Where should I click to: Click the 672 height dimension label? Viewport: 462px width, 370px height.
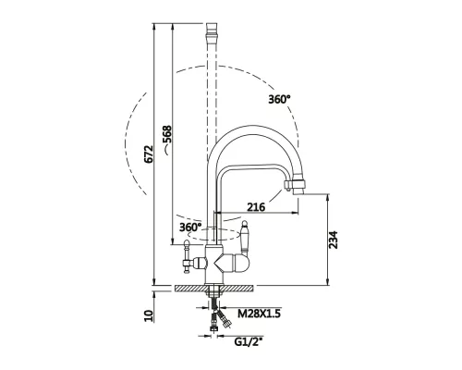tap(149, 154)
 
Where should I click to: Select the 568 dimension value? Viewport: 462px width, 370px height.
tap(166, 134)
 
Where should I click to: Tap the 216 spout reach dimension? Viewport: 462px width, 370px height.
tap(256, 206)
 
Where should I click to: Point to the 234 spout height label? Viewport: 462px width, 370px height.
tap(333, 240)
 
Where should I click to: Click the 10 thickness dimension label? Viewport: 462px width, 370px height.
tap(149, 316)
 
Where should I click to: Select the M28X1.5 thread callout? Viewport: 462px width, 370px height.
tap(259, 314)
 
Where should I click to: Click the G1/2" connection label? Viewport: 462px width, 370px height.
tap(249, 341)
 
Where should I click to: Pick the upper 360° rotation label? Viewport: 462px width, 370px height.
tap(279, 99)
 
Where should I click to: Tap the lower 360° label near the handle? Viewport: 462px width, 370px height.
tap(190, 228)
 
